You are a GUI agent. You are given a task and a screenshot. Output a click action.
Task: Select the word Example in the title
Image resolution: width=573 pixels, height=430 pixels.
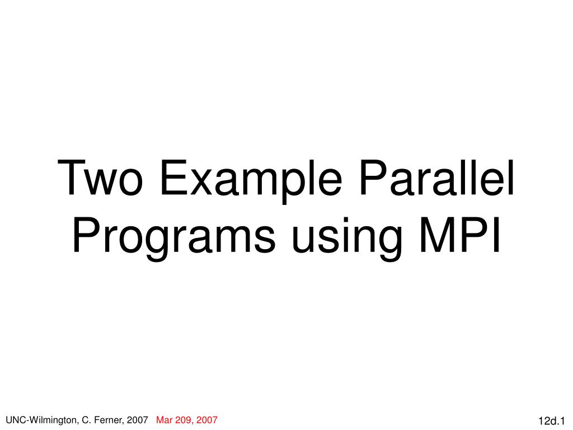[x=250, y=178]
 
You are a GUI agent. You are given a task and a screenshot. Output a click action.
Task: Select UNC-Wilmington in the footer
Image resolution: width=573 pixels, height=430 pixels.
[x=38, y=420]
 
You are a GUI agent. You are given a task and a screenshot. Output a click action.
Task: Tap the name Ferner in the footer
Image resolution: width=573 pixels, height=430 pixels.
[x=106, y=420]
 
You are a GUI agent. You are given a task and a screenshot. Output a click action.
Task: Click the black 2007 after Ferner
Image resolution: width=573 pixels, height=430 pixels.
[x=138, y=420]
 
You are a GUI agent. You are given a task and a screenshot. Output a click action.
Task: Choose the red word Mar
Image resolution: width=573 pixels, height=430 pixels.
[x=165, y=420]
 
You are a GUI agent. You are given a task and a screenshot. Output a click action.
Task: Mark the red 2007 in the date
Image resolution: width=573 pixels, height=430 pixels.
[x=207, y=420]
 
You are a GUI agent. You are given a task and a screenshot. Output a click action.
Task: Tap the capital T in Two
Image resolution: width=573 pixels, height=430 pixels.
[x=75, y=178]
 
